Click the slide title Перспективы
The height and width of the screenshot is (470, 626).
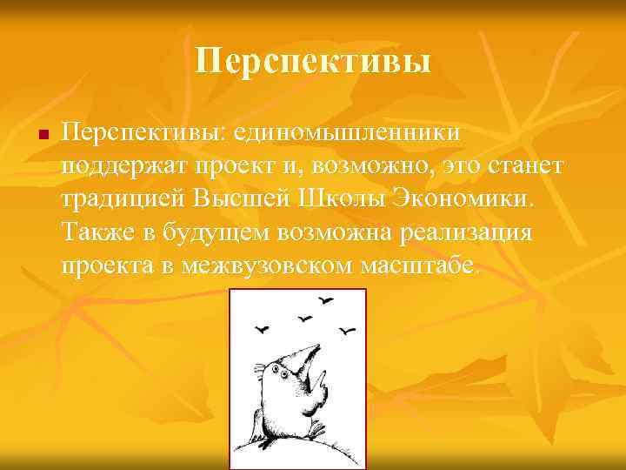tap(313, 62)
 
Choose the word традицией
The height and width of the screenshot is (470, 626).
tap(124, 199)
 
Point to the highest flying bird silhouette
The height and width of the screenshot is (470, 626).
tap(327, 301)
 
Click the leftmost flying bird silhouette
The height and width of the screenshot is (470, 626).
tap(260, 328)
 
